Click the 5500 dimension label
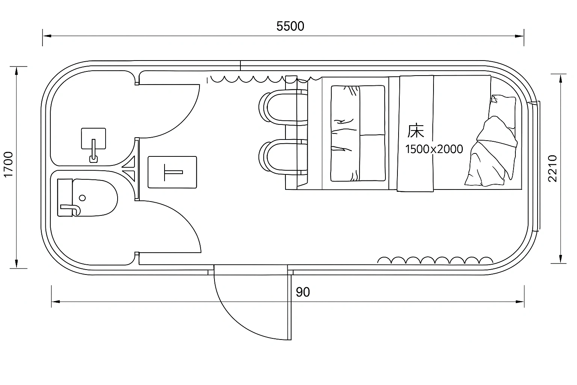(290, 26)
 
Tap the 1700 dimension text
(8, 165)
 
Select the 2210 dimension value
(552, 168)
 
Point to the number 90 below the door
(303, 292)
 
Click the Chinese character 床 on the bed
(415, 131)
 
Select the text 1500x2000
(434, 149)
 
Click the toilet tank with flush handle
(65, 198)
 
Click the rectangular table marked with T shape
(172, 172)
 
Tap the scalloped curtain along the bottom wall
(435, 260)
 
